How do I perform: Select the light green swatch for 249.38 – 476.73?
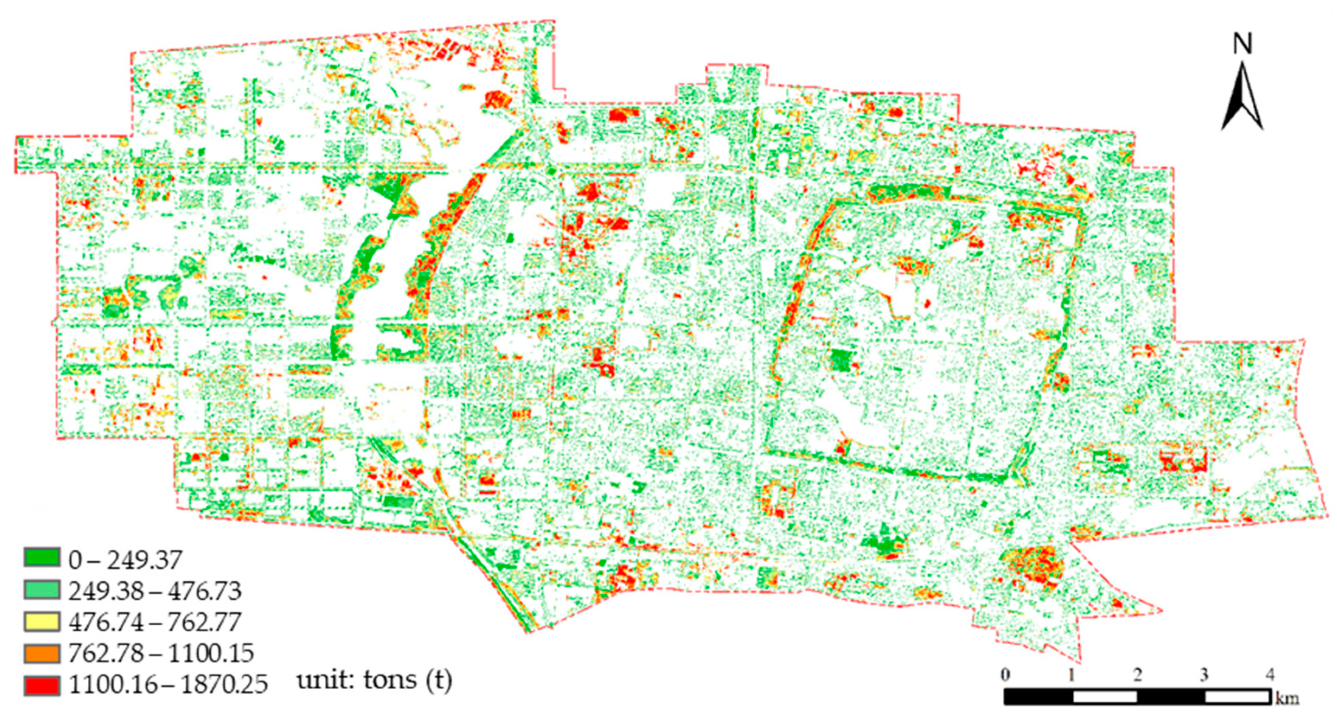pyautogui.click(x=42, y=590)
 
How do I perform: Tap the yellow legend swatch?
pyautogui.click(x=42, y=621)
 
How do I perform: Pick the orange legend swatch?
pyautogui.click(x=42, y=653)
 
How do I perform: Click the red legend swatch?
pyautogui.click(x=42, y=685)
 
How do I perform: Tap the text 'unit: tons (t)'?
pyautogui.click(x=374, y=680)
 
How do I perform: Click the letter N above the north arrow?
pyautogui.click(x=1242, y=45)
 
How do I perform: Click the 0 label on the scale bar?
pyautogui.click(x=1005, y=675)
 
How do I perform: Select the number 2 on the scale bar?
pyautogui.click(x=1138, y=675)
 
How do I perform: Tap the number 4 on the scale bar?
pyautogui.click(x=1270, y=675)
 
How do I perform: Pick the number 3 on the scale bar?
pyautogui.click(x=1204, y=675)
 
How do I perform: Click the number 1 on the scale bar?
pyautogui.click(x=1071, y=675)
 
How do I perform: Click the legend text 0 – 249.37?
pyautogui.click(x=125, y=560)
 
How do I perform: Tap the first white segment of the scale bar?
pyautogui.click(x=1104, y=696)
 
